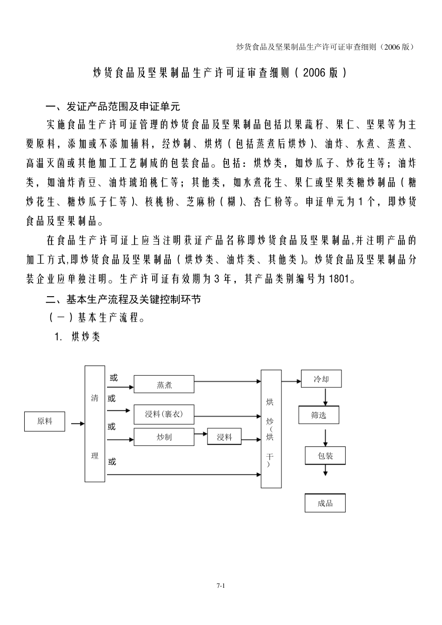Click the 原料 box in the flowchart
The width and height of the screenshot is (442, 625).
pos(45,421)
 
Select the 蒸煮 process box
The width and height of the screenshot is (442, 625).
pos(164,384)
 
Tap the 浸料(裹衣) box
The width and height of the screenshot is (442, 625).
pos(164,414)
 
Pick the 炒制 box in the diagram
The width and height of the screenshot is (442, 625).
pos(164,437)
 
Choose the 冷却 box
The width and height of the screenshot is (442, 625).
pos(321,379)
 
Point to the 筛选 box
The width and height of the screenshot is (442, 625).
pos(319,415)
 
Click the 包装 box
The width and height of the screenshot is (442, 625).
pos(325,456)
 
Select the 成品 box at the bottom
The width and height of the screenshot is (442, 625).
pos(325,503)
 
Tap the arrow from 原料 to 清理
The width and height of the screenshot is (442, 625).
pos(78,424)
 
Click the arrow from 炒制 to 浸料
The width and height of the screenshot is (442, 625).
pos(201,434)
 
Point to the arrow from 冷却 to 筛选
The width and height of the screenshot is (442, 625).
pos(325,397)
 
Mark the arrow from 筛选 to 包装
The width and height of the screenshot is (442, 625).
pos(325,438)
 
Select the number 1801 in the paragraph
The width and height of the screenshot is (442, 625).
pos(339,279)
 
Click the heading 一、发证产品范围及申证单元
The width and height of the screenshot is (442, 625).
pos(113,106)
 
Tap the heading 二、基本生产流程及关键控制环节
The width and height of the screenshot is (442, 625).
pos(123,299)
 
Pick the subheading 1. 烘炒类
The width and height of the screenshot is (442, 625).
pos(77,337)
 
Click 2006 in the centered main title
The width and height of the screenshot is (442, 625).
pos(315,73)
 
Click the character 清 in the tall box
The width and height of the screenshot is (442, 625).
pos(94,398)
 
